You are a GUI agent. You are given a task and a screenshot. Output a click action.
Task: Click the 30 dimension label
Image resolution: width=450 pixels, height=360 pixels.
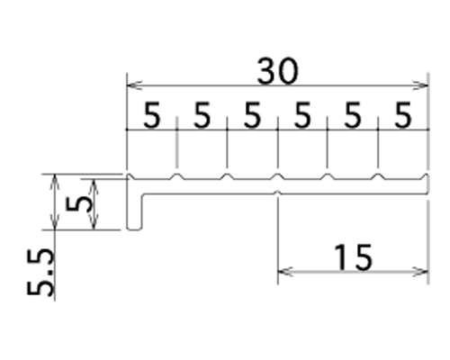pos(278,71)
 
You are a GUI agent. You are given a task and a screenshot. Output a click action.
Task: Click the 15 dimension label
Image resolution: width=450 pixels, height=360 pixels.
pos(353,256)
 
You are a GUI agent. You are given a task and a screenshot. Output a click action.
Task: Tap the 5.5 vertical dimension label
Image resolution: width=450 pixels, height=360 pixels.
pos(40,273)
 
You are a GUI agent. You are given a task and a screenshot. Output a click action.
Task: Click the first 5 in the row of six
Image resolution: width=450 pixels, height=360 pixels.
pos(152,115)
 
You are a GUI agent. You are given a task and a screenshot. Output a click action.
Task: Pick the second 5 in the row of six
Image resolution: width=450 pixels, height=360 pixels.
pos(202,115)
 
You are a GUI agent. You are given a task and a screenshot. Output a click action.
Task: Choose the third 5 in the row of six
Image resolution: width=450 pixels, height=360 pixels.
pos(252,115)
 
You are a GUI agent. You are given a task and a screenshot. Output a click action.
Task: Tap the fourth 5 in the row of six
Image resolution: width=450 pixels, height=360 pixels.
pos(302,115)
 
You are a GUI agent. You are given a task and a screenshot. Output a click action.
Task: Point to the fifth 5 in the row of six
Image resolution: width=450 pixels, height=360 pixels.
pos(353,115)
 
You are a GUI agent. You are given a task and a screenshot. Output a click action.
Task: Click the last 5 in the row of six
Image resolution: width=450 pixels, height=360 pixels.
pos(403,115)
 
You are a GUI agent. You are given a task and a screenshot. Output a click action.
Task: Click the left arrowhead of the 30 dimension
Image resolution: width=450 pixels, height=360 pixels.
pos(134,85)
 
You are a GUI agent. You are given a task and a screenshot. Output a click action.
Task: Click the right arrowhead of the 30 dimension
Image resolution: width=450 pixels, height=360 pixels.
pos(421,85)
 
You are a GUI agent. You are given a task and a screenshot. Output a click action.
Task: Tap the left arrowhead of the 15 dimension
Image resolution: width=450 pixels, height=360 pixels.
pos(285,272)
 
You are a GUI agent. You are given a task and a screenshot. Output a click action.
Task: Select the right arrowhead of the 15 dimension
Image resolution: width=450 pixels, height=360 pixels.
pos(421,272)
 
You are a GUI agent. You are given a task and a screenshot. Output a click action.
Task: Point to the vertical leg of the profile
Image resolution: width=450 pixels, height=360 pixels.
pos(134,211)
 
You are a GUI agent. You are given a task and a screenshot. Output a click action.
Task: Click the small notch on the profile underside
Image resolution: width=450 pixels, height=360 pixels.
pos(278,193)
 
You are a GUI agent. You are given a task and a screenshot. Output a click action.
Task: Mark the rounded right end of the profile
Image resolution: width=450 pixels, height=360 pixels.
pos(426,184)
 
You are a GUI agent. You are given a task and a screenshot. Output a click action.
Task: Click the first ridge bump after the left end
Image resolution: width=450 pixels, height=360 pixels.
pos(177,176)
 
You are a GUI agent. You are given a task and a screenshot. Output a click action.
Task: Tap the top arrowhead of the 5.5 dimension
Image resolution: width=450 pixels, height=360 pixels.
pos(54,182)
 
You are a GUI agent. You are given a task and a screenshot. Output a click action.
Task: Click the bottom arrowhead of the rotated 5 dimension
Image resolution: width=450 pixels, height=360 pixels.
pos(94,222)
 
